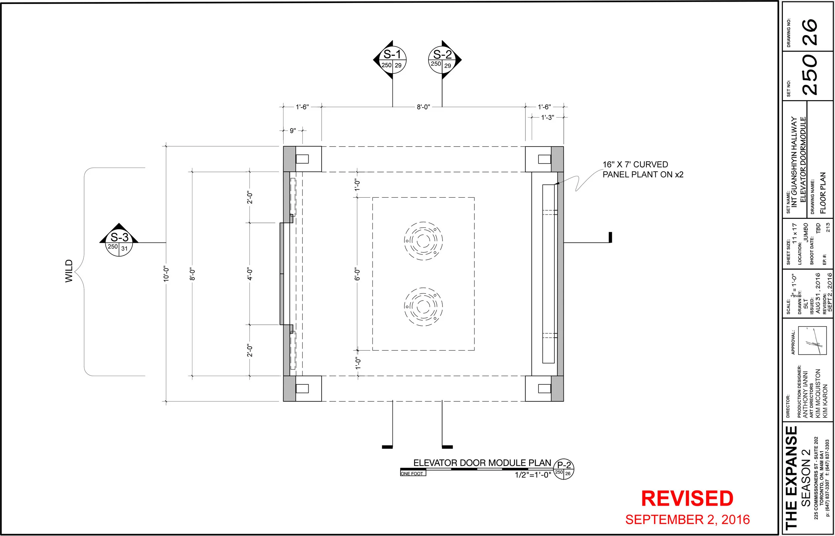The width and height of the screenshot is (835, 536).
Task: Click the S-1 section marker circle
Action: pyautogui.click(x=392, y=60)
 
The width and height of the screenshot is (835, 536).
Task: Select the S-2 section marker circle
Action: pyautogui.click(x=442, y=60)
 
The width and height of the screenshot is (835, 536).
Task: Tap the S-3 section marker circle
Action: pyautogui.click(x=119, y=242)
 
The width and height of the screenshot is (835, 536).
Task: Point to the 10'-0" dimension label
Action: pyautogui.click(x=166, y=274)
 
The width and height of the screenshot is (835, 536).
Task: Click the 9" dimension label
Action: pyautogui.click(x=293, y=131)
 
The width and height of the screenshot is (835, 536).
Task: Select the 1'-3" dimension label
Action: pyautogui.click(x=547, y=118)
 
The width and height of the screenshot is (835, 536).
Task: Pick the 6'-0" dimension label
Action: pyautogui.click(x=357, y=274)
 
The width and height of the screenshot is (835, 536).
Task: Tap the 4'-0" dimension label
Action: pyautogui.click(x=249, y=274)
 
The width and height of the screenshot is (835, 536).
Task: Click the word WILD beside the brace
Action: pyautogui.click(x=69, y=271)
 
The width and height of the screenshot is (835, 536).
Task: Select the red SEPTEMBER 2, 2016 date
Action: pyautogui.click(x=687, y=520)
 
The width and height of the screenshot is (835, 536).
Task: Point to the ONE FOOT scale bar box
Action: pyautogui.click(x=413, y=473)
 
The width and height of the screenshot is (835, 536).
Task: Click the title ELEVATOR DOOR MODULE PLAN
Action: pyautogui.click(x=482, y=463)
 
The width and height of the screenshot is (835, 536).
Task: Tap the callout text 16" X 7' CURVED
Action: pyautogui.click(x=635, y=164)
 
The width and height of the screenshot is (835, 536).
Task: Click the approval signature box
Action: pyautogui.click(x=812, y=340)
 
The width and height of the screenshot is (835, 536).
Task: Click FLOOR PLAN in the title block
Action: pyautogui.click(x=823, y=193)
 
